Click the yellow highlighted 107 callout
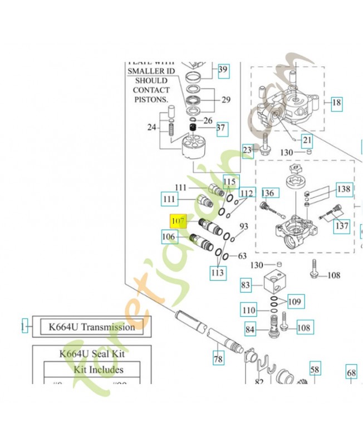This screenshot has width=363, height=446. click(177, 221)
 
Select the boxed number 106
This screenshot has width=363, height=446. click(169, 237)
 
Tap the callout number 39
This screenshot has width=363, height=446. click(223, 70)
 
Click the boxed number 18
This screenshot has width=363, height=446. click(336, 103)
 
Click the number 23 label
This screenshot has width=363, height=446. click(248, 150)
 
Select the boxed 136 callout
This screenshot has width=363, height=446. click(268, 193)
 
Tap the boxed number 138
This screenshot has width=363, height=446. click(344, 190)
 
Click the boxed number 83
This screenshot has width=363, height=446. click(246, 285)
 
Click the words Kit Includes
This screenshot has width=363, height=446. click(99, 370)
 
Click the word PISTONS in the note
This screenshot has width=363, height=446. click(150, 99)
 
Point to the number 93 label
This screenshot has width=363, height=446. click(243, 227)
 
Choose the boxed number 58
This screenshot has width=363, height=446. click(315, 370)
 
